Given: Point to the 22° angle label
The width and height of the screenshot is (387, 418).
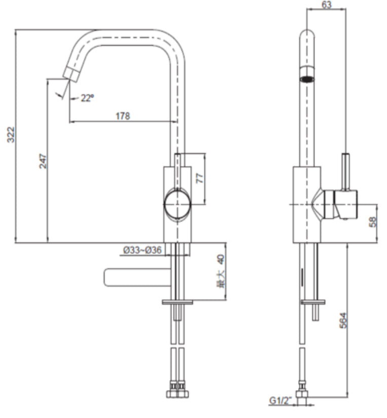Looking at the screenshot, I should pos(87,98).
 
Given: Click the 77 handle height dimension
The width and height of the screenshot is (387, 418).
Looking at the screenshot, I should pos(199,178).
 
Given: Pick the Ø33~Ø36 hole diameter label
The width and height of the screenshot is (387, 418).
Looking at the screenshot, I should pos(142,250).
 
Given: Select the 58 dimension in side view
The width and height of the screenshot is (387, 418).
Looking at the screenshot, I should pos(374,222).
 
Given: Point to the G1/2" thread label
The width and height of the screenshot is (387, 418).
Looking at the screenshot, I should pos(279,401).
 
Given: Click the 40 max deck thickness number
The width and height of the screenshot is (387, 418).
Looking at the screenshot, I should pos(220,260).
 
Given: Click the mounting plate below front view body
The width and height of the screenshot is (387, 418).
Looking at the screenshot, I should pos(177,302).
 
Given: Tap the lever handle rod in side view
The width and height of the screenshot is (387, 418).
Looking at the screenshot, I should pos(346,171).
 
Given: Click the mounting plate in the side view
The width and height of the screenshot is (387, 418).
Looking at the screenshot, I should pos(312,302).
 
